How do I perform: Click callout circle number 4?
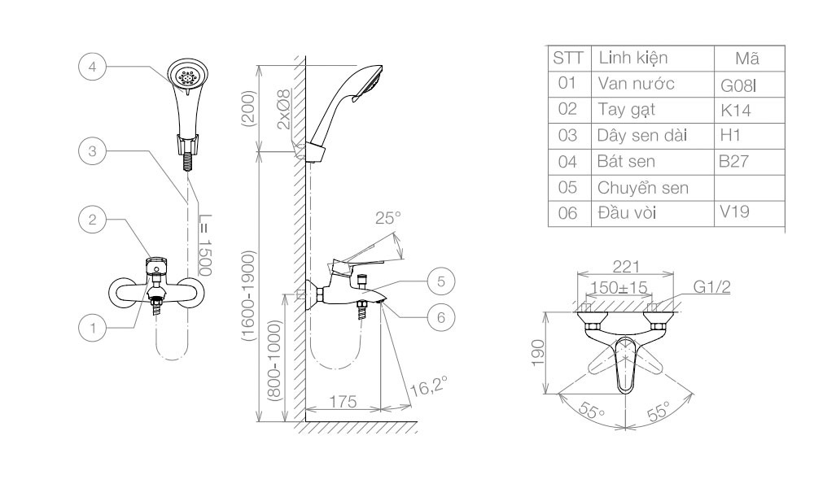(92, 68)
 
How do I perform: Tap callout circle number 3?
(92, 150)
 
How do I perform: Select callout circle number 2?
(92, 219)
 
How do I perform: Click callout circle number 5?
(440, 281)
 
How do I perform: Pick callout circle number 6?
(440, 317)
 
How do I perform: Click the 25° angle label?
(388, 218)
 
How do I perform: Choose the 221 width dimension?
(626, 266)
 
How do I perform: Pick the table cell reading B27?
(733, 162)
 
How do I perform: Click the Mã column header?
(746, 59)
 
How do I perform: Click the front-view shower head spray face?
(189, 78)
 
